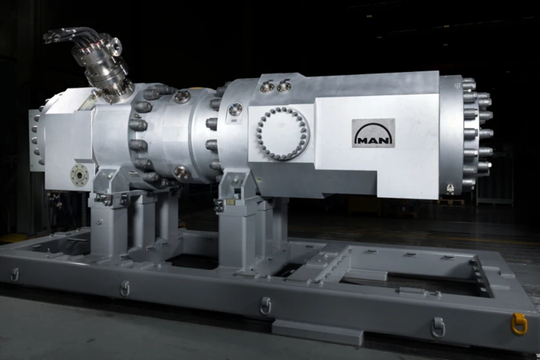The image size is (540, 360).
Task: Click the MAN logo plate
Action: [x=373, y=133]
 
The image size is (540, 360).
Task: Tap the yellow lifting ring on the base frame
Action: [x=519, y=323]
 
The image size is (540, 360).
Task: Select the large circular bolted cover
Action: [x=283, y=134]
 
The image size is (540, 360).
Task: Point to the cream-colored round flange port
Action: [x=80, y=175]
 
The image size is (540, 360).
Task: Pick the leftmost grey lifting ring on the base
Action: [x=14, y=275]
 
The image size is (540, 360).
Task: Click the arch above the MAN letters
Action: [x=373, y=131]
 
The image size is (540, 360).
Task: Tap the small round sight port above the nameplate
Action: [x=235, y=109]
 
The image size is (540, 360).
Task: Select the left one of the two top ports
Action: [x=266, y=86]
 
